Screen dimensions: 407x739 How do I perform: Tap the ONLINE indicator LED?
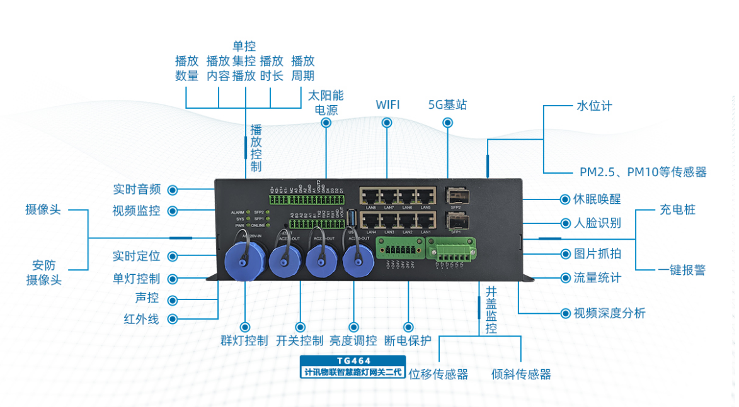(x=268, y=225)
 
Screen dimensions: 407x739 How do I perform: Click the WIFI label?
(x=387, y=104)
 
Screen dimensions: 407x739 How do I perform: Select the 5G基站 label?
(x=447, y=104)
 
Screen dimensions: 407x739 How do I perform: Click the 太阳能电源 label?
(x=326, y=103)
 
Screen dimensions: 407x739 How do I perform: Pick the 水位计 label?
(x=594, y=106)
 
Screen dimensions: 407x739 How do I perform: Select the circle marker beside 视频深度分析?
(x=565, y=313)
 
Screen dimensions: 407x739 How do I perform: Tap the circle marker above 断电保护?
(x=408, y=327)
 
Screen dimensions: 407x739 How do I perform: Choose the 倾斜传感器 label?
(x=521, y=374)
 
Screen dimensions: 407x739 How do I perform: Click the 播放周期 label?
(x=302, y=69)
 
